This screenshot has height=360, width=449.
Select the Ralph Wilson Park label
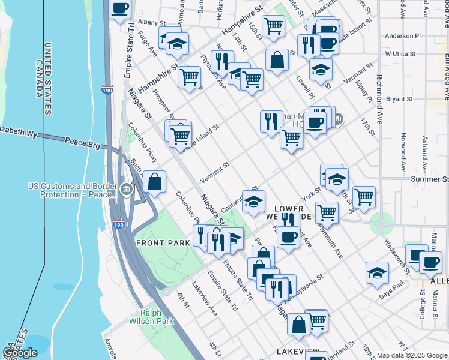click(151, 317)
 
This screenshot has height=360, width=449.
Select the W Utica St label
click(400, 54)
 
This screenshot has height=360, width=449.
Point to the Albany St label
click(147, 22)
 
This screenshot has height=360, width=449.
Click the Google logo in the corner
click(20, 353)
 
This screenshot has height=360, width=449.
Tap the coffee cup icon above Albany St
click(120, 8)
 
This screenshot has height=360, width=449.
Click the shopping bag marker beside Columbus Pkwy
click(154, 181)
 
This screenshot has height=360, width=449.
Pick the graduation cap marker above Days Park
click(377, 272)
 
